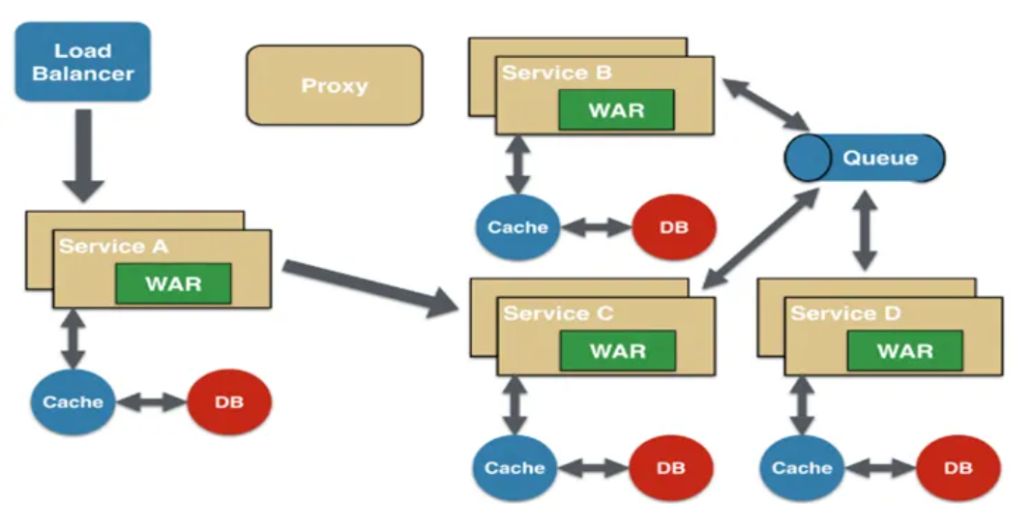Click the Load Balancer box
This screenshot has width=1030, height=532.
(82, 62)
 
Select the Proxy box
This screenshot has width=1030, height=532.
(335, 85)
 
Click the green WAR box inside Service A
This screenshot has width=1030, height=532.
(173, 283)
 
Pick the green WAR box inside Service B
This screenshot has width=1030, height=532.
(616, 109)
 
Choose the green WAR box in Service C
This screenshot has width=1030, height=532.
(617, 350)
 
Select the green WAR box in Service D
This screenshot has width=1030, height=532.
(904, 350)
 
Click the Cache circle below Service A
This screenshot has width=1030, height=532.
(73, 401)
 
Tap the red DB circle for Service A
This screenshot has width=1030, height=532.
(229, 401)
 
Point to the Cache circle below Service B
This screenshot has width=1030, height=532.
(517, 228)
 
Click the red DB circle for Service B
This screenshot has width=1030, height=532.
(674, 228)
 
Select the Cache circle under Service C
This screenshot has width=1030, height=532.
(515, 468)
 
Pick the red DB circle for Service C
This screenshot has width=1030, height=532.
(671, 468)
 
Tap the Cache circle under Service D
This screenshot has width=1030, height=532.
(802, 468)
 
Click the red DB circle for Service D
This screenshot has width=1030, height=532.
(957, 468)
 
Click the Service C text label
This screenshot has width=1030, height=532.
(558, 313)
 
